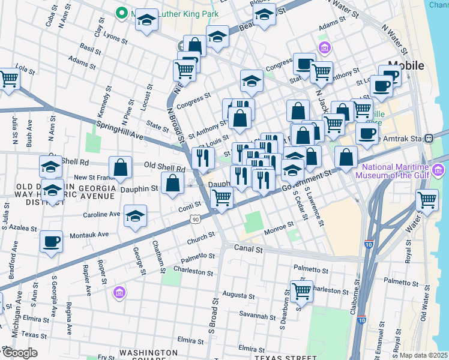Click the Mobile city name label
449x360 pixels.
coord(406,65)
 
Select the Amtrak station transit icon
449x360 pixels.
coord(429,138)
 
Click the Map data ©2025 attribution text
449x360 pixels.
coord(424,355)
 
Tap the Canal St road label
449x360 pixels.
coord(249,248)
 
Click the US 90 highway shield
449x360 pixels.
coord(196,220)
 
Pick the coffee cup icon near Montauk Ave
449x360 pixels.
coord(51,242)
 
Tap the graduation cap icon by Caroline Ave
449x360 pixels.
coord(136,217)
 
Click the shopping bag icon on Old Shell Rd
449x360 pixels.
coord(120,167)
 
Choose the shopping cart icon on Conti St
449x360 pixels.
coord(221,197)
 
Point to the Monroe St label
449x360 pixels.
coord(281,226)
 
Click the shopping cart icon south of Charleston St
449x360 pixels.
coord(301,292)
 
